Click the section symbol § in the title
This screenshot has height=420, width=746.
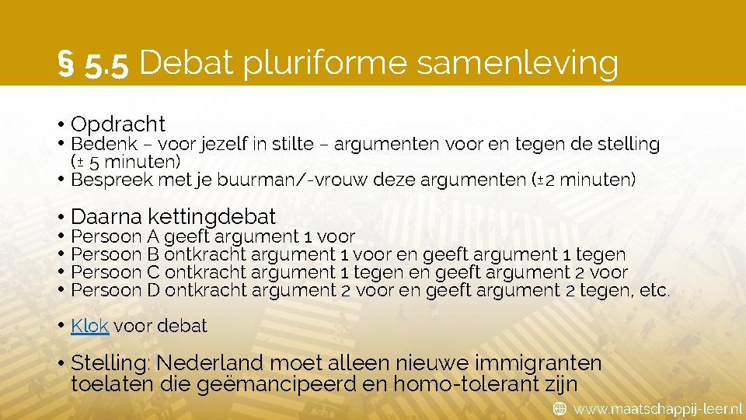pyautogui.click(x=67, y=64)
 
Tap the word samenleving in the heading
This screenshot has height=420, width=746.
pyautogui.click(x=518, y=64)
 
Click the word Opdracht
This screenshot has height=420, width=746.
pyautogui.click(x=118, y=124)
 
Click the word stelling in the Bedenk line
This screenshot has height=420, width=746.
pyautogui.click(x=629, y=144)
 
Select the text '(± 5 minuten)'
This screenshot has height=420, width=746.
pyautogui.click(x=126, y=162)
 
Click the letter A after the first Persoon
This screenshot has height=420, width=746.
pyautogui.click(x=153, y=236)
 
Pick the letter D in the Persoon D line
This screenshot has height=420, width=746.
pyautogui.click(x=154, y=290)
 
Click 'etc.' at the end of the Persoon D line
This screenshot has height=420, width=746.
pyautogui.click(x=656, y=290)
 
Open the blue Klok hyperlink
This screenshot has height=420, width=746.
pyautogui.click(x=89, y=326)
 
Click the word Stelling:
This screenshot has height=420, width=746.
pyautogui.click(x=113, y=362)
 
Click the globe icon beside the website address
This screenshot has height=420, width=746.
pyautogui.click(x=559, y=408)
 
